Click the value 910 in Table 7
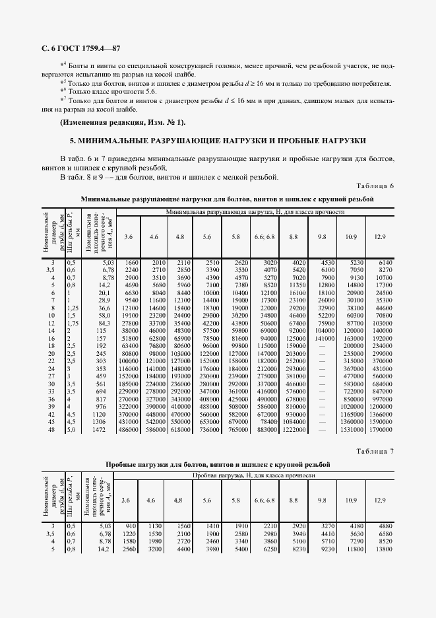click(x=131, y=525)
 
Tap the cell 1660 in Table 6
click(x=130, y=262)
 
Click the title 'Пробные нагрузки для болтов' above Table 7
click(x=218, y=464)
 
